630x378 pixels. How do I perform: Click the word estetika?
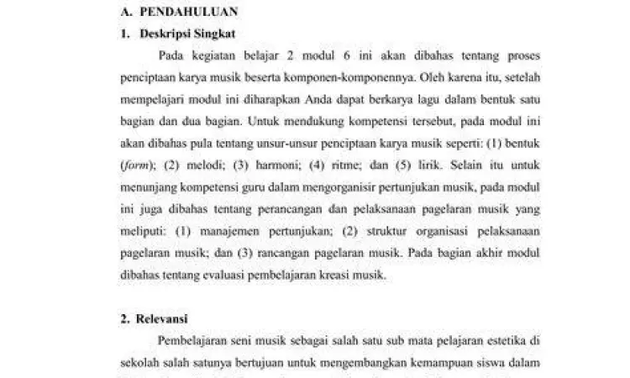[x=502, y=341]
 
